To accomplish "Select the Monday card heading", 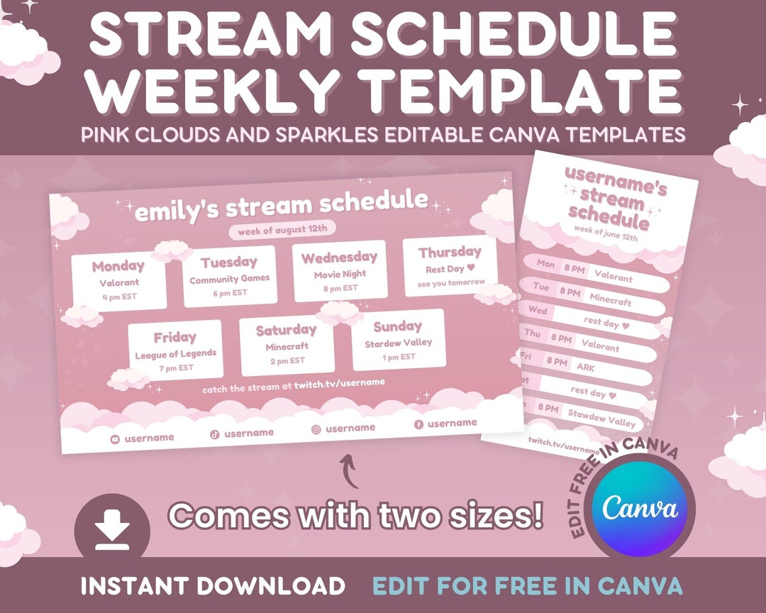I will click(x=118, y=267).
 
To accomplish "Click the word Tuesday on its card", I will click(x=228, y=263).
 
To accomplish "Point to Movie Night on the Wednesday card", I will click(x=340, y=274).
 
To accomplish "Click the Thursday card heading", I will click(x=450, y=253).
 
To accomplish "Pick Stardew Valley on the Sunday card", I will click(x=398, y=343).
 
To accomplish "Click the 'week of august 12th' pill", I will click(x=282, y=230).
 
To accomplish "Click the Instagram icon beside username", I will click(x=316, y=429).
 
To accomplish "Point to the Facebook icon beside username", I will click(x=418, y=424).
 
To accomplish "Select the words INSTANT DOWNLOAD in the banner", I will click(x=212, y=586).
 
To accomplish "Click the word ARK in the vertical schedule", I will click(x=586, y=368).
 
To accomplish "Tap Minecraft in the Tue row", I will click(x=610, y=301).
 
